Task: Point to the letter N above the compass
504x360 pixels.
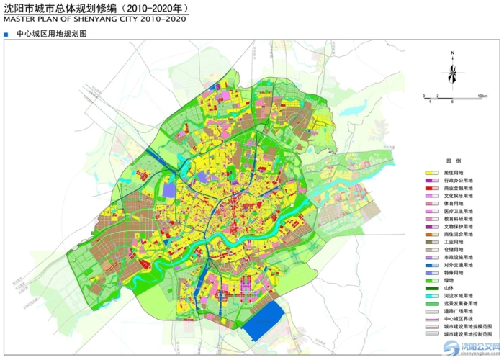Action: [x=451, y=53]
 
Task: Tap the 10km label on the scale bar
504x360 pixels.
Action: [x=482, y=96]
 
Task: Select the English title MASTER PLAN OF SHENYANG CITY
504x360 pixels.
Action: [x=94, y=19]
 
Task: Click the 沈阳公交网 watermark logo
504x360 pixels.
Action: [x=471, y=348]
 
